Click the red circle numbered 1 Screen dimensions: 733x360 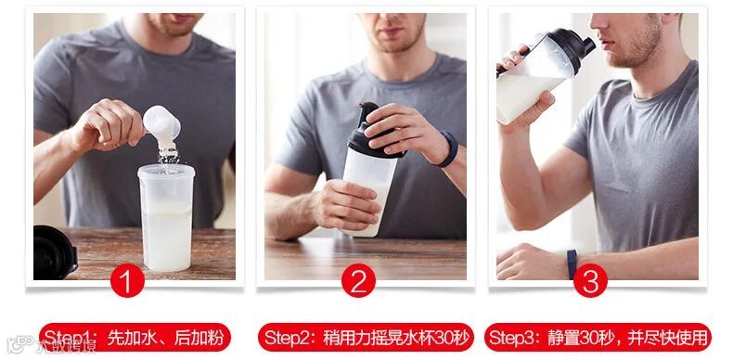[x=127, y=280]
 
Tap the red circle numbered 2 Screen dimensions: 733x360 [x=358, y=280]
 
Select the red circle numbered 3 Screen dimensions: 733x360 [x=590, y=280]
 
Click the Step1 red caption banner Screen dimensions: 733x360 [x=135, y=337]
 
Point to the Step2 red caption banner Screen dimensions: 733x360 [x=366, y=337]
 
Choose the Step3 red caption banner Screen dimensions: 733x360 [x=598, y=337]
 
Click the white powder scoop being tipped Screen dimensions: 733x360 [x=161, y=125]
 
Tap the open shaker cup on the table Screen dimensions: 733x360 [x=166, y=217]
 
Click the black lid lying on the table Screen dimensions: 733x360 [x=55, y=253]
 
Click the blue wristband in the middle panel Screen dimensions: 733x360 [x=449, y=148]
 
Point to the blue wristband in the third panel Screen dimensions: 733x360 [x=572, y=264]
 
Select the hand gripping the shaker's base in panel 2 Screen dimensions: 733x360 [x=347, y=204]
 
